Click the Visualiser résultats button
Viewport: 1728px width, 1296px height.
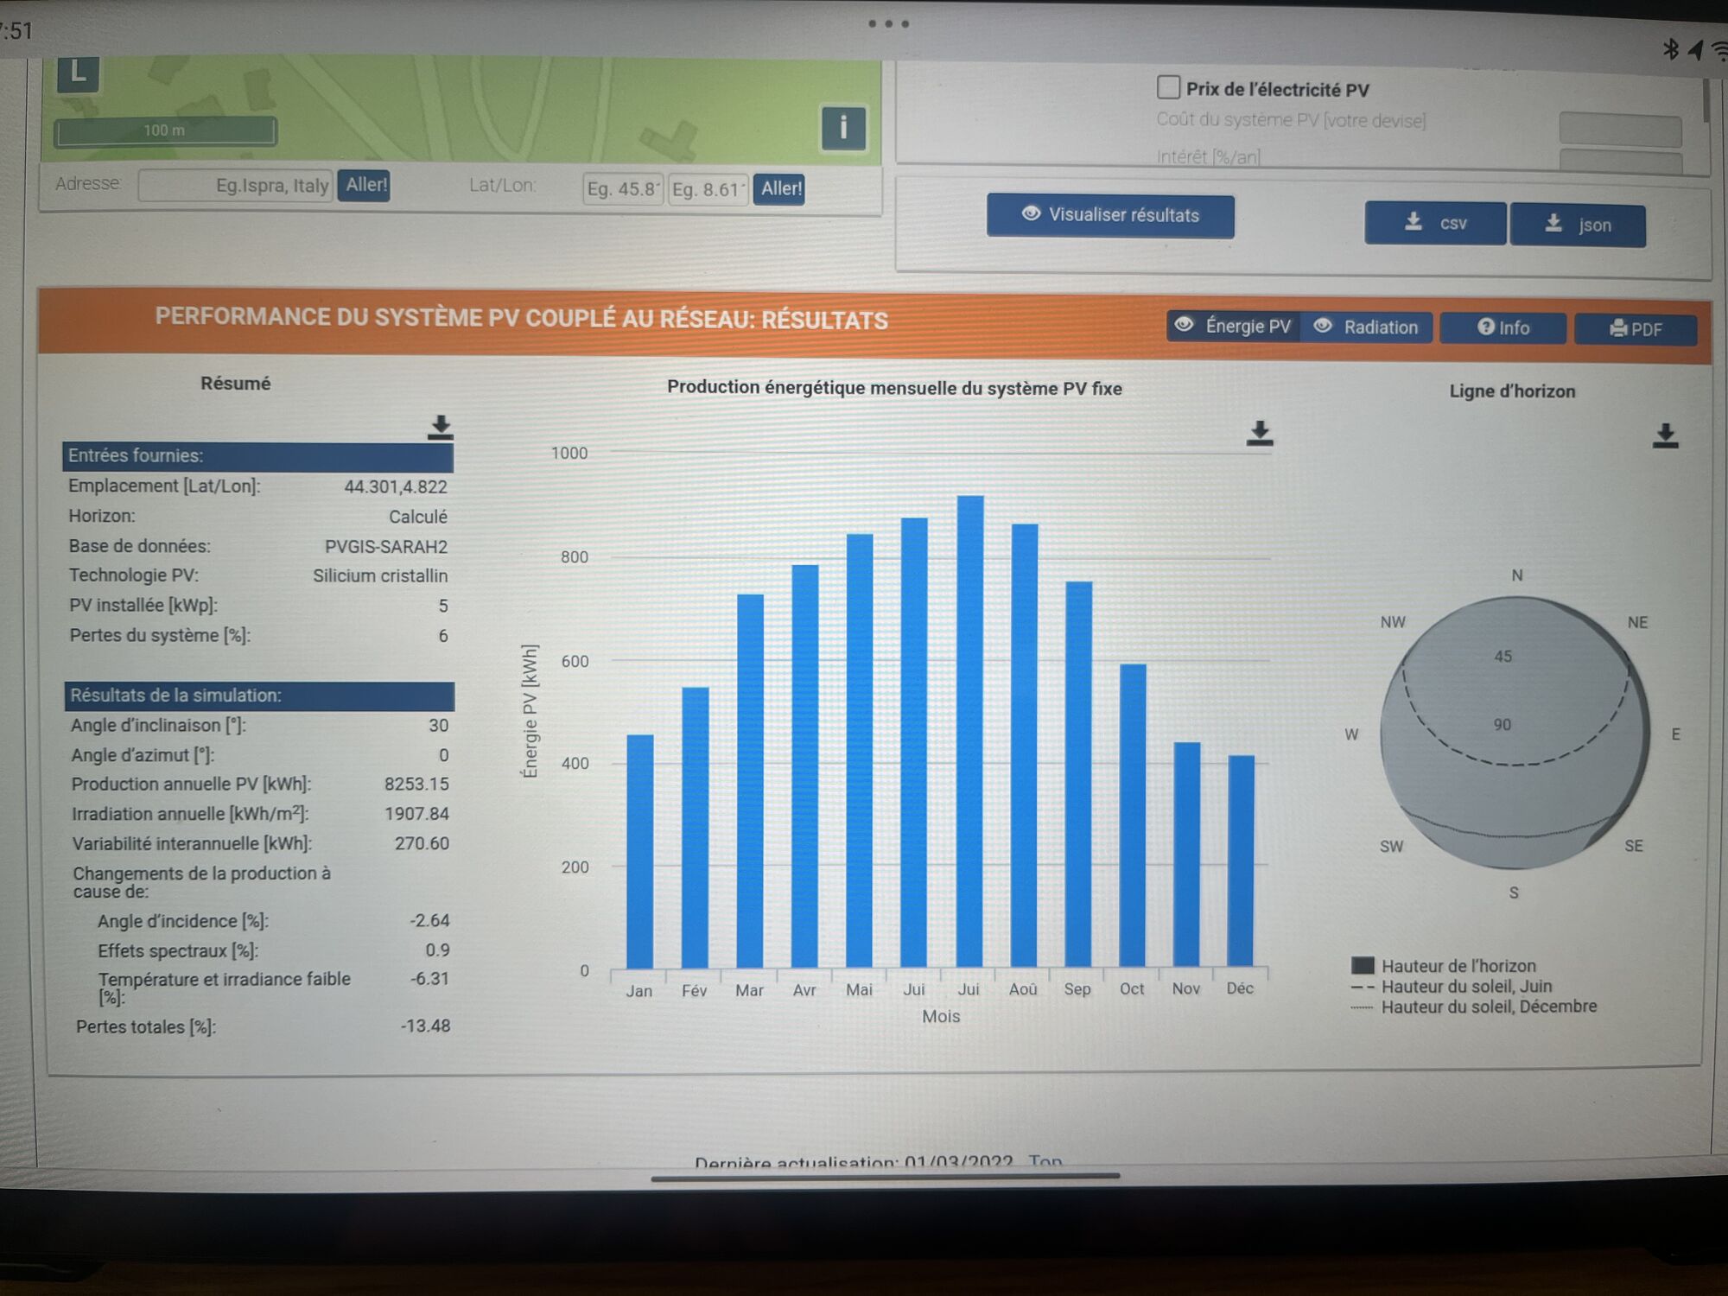[1110, 215]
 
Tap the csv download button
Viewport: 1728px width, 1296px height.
[1435, 224]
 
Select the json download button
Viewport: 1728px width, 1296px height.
[1578, 226]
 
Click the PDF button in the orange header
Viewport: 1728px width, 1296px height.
[1636, 329]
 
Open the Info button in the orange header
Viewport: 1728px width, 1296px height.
[1503, 328]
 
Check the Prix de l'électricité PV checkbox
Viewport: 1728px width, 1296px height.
[1168, 87]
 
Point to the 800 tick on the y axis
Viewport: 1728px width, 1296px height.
[575, 557]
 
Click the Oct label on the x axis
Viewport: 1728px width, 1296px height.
[1132, 989]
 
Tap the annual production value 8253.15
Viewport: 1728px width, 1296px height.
[416, 785]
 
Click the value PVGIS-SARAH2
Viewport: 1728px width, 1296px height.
[386, 547]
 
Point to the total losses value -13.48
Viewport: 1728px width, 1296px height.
[425, 1026]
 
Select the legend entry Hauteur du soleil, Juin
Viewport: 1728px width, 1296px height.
[1466, 987]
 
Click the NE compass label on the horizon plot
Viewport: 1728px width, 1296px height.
[1637, 623]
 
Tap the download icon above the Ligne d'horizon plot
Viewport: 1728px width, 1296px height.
[1665, 435]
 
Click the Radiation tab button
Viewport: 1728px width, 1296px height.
[1367, 327]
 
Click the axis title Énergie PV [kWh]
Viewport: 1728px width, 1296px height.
[530, 711]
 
